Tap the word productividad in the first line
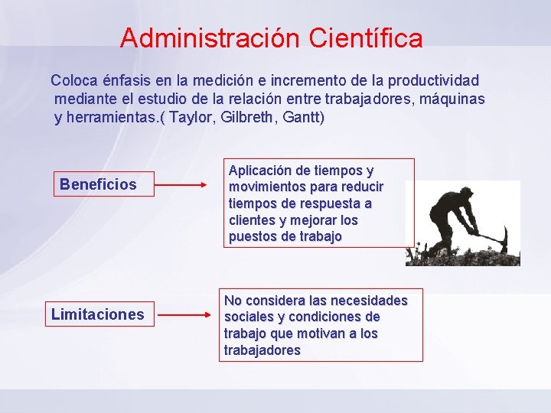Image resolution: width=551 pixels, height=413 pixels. (434, 80)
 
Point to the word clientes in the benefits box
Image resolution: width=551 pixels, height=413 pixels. (252, 220)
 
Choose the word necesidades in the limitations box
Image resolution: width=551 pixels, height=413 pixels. (367, 301)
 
